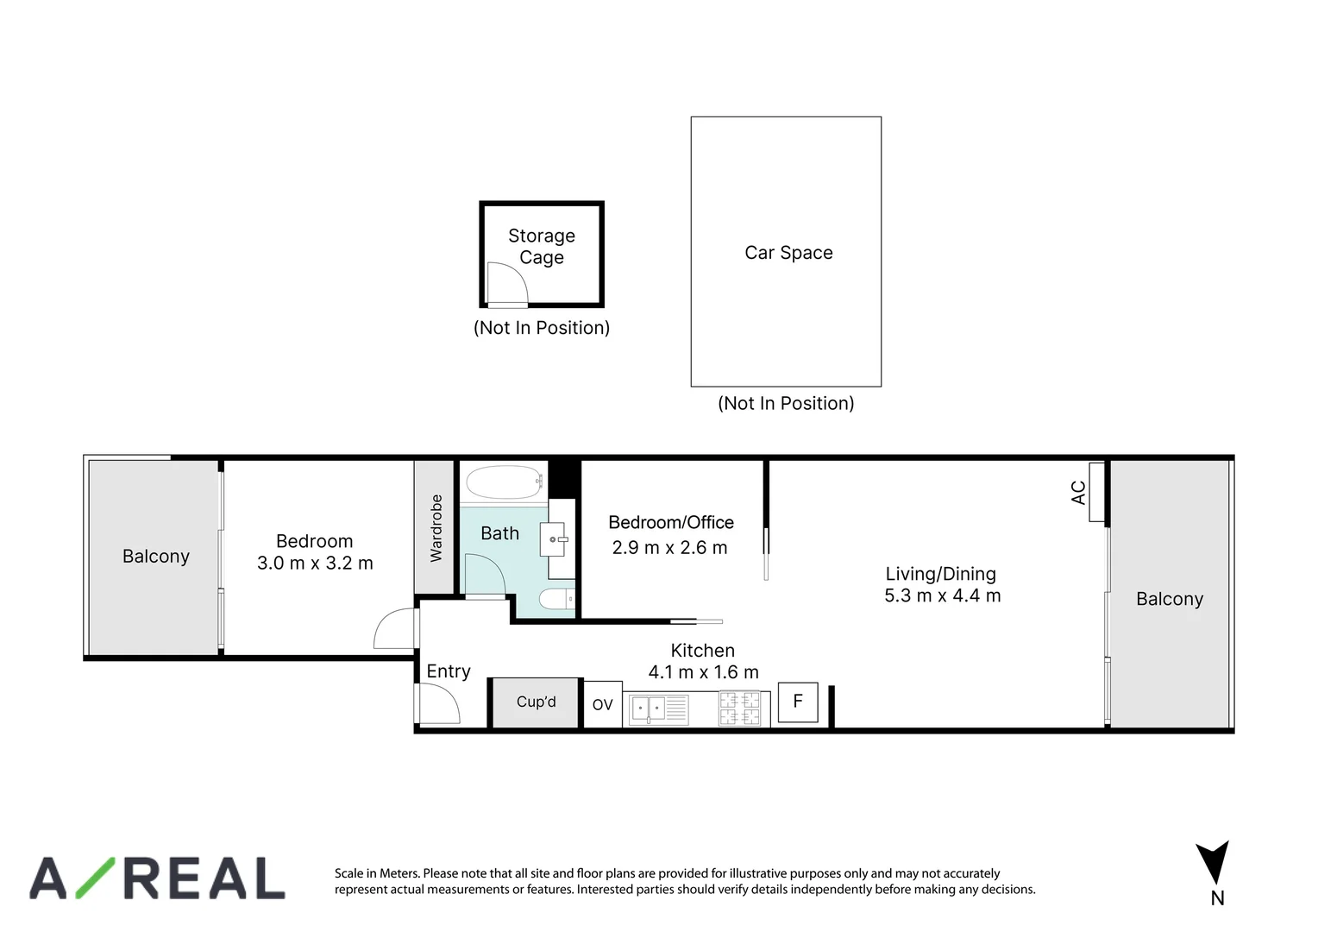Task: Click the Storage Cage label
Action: click(541, 247)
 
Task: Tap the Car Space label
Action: click(788, 253)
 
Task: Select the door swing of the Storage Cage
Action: click(505, 282)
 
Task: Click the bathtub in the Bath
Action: click(502, 483)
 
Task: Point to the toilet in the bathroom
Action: click(555, 598)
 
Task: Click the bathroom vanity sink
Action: click(553, 539)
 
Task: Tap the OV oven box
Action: click(602, 705)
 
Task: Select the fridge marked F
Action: click(798, 702)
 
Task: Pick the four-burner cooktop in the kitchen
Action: click(740, 709)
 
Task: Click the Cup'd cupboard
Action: click(536, 702)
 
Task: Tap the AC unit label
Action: click(1078, 493)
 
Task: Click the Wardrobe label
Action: click(436, 527)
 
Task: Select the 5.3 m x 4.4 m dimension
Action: click(942, 596)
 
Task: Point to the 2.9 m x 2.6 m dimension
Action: click(669, 548)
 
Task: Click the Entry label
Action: click(449, 671)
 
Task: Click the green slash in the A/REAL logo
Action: click(96, 878)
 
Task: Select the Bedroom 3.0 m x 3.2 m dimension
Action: click(315, 564)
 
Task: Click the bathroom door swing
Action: click(484, 574)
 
